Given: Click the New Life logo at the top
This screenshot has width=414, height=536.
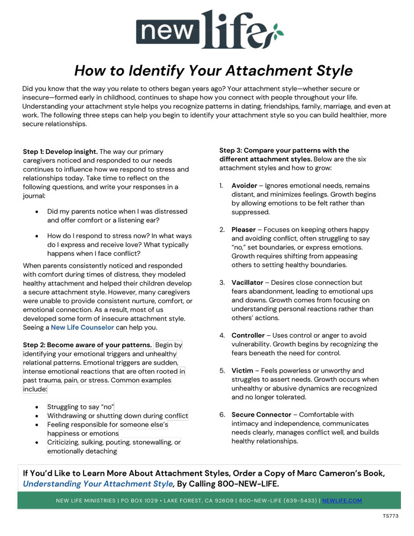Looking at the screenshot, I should click(207, 30).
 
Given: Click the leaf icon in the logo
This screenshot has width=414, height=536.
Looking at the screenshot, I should click(274, 32).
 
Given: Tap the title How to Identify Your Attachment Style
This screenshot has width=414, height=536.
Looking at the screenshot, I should click(213, 70).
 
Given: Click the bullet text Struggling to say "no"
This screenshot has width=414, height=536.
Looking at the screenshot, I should click(81, 406).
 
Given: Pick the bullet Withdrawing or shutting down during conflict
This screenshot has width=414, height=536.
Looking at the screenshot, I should click(117, 416).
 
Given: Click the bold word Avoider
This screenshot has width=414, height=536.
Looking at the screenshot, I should click(244, 185).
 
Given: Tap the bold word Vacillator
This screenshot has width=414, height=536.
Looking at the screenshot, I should click(247, 283).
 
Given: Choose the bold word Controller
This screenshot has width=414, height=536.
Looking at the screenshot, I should click(248, 335).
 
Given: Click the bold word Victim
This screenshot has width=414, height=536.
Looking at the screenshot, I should click(243, 370).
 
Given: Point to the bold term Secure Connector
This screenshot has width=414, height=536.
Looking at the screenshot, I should click(261, 415).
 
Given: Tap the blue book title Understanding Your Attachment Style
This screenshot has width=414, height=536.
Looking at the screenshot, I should click(97, 484).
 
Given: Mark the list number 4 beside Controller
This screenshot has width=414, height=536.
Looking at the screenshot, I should click(222, 335).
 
